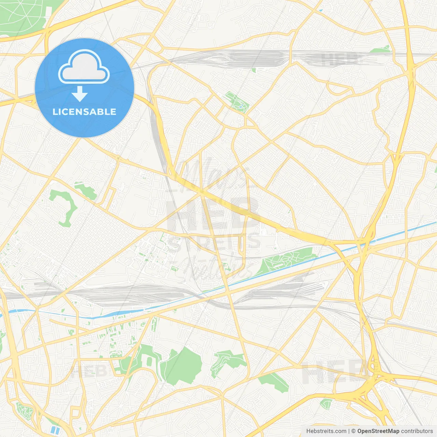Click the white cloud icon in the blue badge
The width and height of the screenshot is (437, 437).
[84, 67]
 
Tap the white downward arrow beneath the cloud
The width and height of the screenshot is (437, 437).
[80, 94]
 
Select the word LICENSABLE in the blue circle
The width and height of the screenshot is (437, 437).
[84, 112]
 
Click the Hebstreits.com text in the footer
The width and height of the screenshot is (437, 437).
[326, 431]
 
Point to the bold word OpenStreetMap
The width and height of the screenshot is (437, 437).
[378, 431]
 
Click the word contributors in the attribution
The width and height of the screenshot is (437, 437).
[417, 431]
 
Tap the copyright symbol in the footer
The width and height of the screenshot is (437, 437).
[353, 431]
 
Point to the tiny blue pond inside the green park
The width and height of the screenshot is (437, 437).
[241, 107]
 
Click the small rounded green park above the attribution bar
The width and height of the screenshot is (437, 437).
[326, 404]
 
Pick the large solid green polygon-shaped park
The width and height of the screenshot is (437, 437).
[182, 365]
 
